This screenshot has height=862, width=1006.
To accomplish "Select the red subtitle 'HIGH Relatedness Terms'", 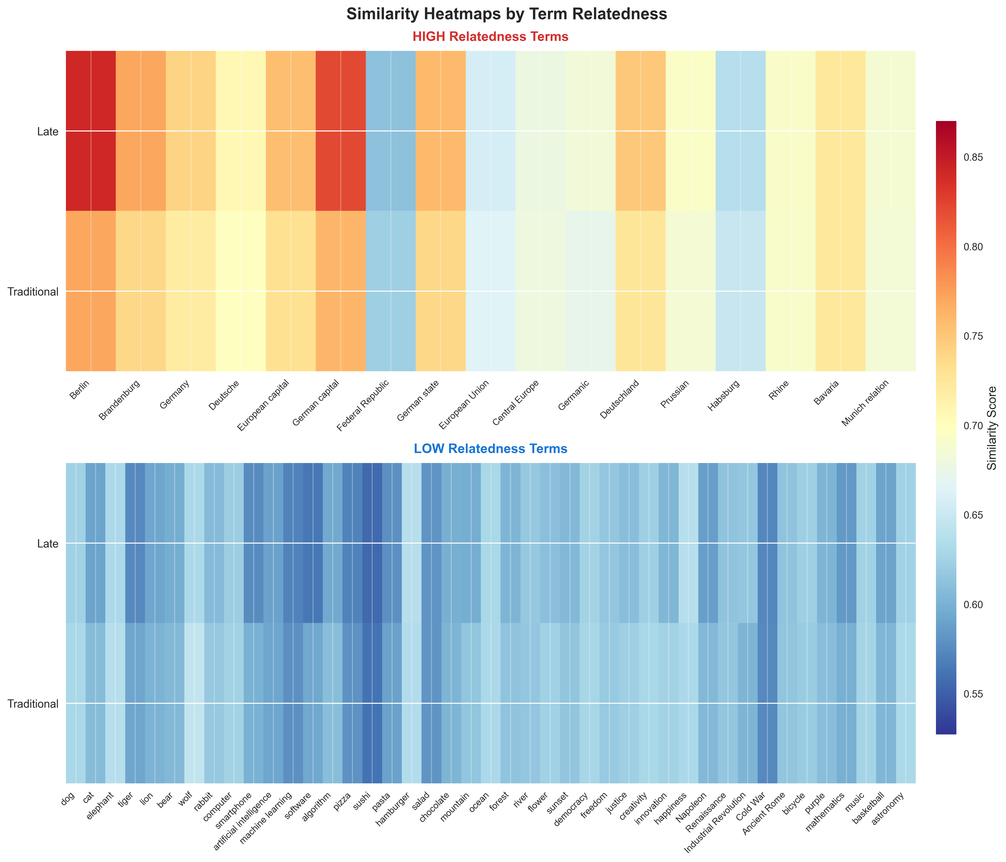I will (490, 37).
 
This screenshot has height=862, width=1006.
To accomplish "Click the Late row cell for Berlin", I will (91, 131).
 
